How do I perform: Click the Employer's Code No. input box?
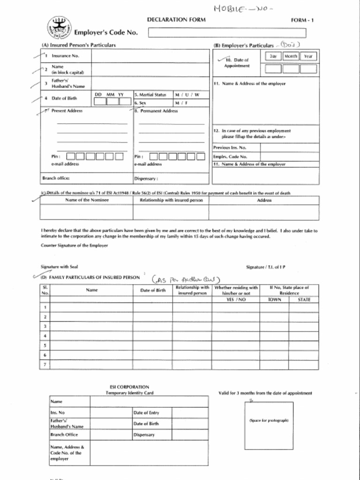point(227,33)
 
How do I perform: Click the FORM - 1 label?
point(302,21)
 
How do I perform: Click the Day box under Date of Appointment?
point(272,69)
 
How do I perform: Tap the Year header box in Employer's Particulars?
point(308,56)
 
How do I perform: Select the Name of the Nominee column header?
point(87,200)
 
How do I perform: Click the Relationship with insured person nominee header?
point(171,200)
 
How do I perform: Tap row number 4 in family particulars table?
point(45,336)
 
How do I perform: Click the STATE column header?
point(304,299)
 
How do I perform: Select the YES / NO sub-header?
point(236,299)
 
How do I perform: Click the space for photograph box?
point(269,425)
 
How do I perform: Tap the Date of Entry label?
point(146,413)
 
